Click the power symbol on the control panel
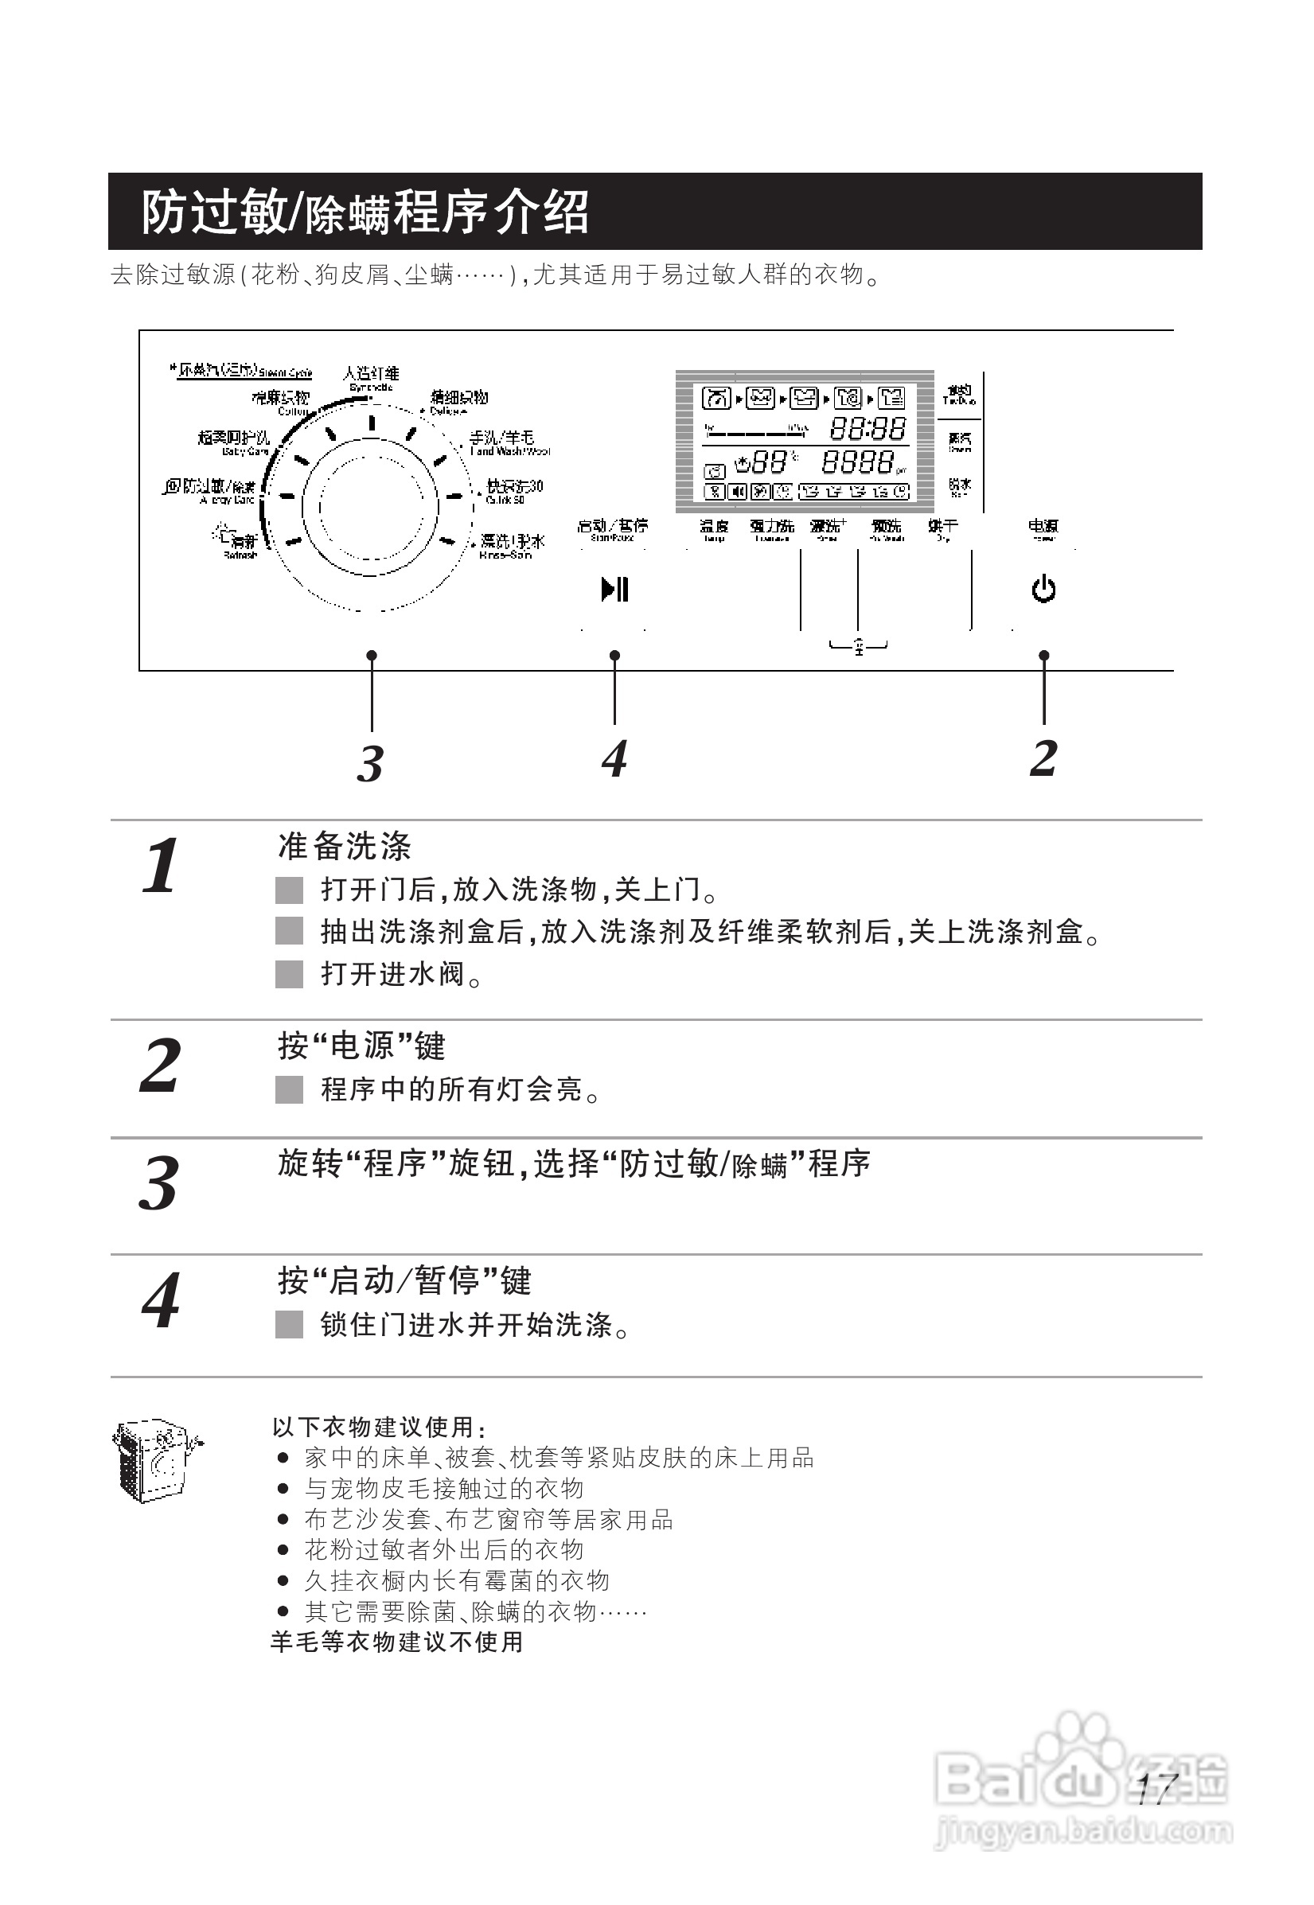pyautogui.click(x=1043, y=590)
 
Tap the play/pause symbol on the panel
pyautogui.click(x=614, y=590)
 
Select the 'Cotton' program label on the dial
pyautogui.click(x=282, y=403)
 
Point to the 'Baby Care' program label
pyautogui.click(x=234, y=443)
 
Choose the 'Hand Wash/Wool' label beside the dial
pyautogui.click(x=508, y=444)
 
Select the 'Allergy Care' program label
pyautogui.click(x=211, y=492)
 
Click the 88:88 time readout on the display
pyautogui.click(x=867, y=428)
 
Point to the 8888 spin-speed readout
pyautogui.click(x=858, y=462)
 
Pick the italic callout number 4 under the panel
pyautogui.click(x=614, y=758)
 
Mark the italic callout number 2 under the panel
pyautogui.click(x=1043, y=758)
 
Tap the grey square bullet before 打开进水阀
pyautogui.click(x=289, y=974)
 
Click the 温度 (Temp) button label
pyautogui.click(x=714, y=528)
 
